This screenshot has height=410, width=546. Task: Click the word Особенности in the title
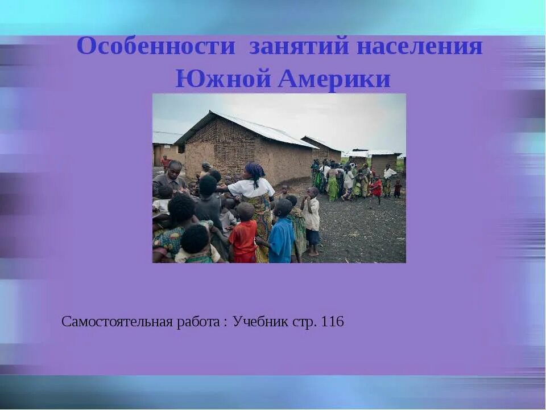click(x=155, y=47)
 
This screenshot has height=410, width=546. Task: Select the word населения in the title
click(x=420, y=47)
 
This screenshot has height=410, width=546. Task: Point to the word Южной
click(x=223, y=79)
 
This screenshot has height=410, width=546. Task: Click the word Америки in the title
click(x=334, y=79)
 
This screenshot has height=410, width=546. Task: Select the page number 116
click(x=333, y=322)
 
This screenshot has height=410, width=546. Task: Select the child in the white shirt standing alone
click(x=311, y=219)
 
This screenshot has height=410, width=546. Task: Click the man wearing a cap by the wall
click(x=205, y=169)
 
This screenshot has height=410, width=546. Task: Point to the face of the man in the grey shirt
click(x=175, y=169)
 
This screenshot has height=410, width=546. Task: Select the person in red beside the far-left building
click(x=165, y=163)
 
